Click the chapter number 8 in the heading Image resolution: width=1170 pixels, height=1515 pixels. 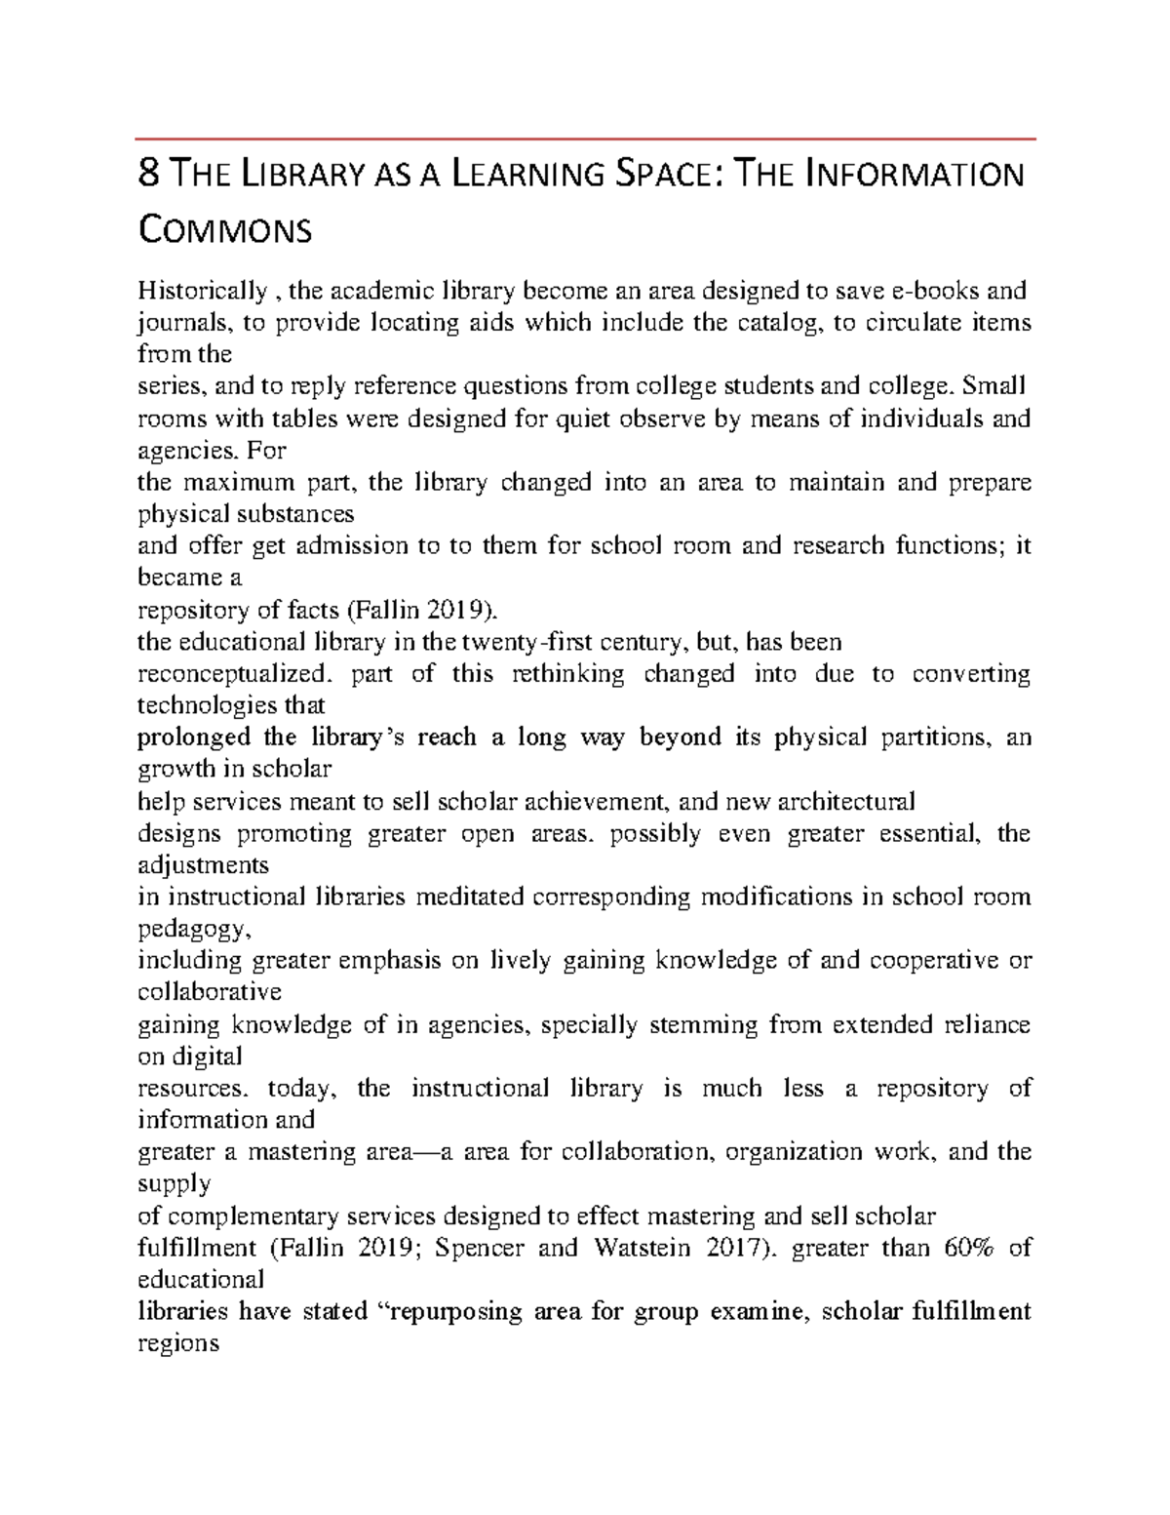click(x=148, y=176)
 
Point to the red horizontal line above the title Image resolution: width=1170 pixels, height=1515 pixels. click(x=585, y=140)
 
